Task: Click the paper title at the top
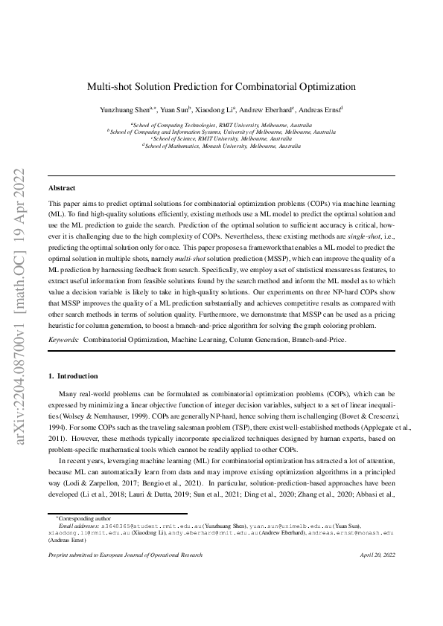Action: click(221, 86)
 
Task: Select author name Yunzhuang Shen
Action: click(124, 110)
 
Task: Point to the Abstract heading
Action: click(62, 188)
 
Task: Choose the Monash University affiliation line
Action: click(221, 146)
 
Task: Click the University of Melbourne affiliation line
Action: click(221, 132)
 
